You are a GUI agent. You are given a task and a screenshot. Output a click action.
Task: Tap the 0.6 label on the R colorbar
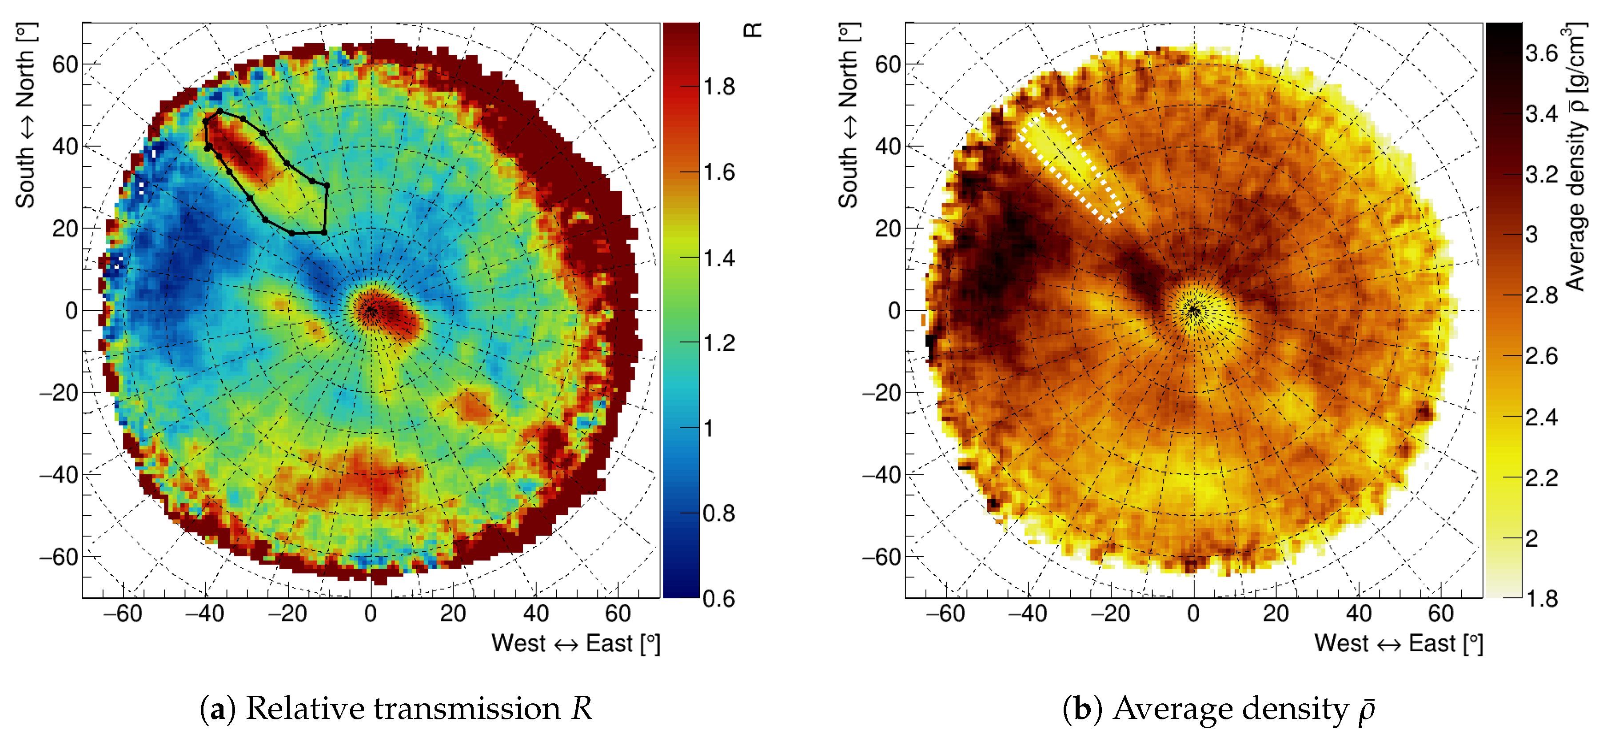pos(719,599)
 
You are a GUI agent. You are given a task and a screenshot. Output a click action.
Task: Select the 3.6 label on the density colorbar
pos(1541,53)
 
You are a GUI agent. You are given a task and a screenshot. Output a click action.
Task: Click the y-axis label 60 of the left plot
pos(64,64)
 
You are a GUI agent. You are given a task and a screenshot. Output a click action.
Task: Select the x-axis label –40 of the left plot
pos(204,614)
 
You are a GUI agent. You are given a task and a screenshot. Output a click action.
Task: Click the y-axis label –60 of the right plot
pos(881,557)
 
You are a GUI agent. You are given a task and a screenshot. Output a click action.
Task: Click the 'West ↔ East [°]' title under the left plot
pos(575,643)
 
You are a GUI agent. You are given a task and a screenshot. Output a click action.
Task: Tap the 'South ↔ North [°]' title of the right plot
pos(849,116)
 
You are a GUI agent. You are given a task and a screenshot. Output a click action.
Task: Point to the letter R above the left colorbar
pos(752,29)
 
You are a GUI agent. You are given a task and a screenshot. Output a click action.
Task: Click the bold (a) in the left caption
pos(217,709)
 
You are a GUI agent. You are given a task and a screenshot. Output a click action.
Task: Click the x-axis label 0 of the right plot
pos(1193,614)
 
